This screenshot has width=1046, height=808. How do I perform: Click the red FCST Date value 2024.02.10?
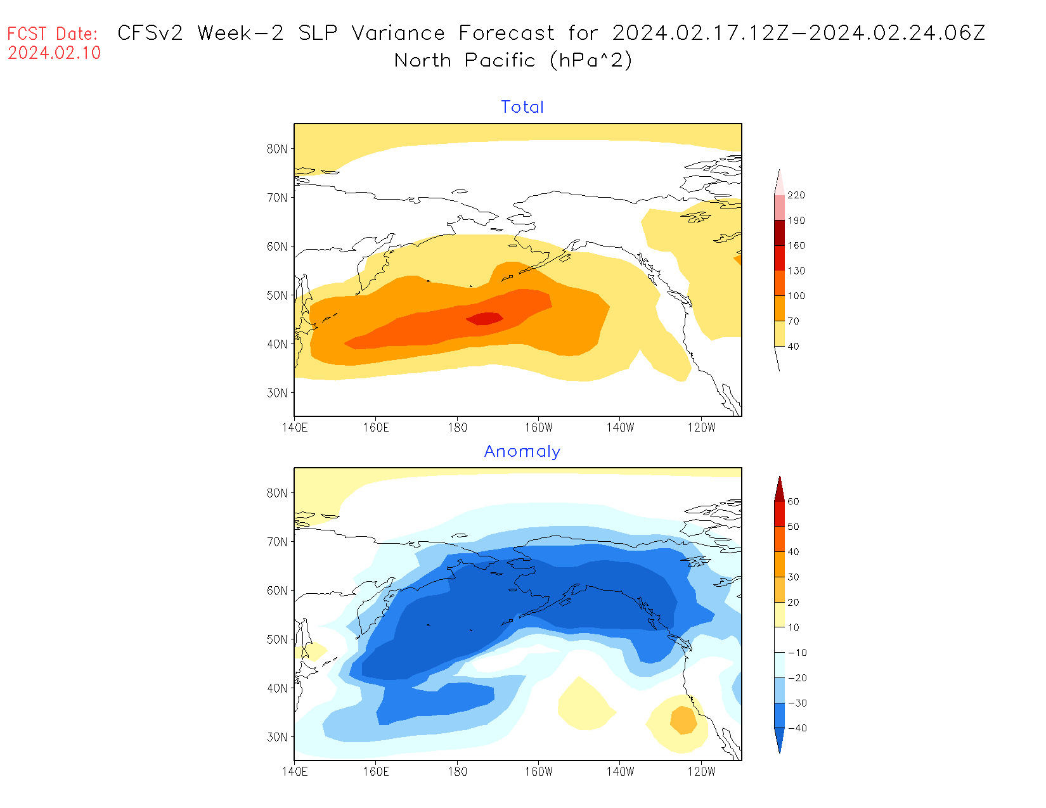point(55,53)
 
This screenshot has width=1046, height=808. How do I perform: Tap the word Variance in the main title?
point(398,33)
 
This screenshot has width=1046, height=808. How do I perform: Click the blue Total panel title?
point(522,107)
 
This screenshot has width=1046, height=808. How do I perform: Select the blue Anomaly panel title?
point(522,451)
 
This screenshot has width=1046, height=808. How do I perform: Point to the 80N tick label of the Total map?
point(277,149)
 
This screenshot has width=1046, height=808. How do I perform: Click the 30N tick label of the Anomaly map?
point(277,737)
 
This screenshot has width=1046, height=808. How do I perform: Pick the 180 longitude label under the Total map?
point(457,428)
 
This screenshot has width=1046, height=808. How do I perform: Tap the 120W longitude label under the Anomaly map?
point(701,772)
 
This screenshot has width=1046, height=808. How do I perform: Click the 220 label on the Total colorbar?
point(796,195)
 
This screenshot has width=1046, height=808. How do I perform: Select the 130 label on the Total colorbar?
point(796,271)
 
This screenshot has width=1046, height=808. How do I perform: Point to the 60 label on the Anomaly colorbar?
point(793,502)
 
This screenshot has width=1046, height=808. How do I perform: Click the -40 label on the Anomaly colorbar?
point(797,728)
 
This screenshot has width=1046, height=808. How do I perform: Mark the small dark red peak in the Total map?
point(486,318)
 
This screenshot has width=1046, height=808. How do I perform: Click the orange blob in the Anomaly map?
point(683,721)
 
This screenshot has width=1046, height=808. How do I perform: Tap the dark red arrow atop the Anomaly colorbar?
point(779,489)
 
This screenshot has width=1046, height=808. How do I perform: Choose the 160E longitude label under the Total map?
point(376,428)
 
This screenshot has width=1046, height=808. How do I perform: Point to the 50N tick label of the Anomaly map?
point(277,639)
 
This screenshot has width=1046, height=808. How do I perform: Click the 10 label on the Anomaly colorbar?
point(793,627)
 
